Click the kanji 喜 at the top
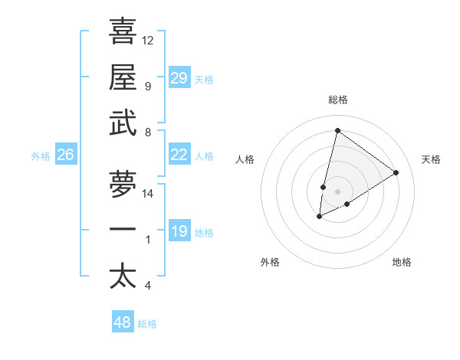[123, 32]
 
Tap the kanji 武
[123, 123]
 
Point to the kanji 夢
[123, 184]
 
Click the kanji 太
[123, 276]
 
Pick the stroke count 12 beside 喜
[148, 41]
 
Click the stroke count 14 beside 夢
[148, 194]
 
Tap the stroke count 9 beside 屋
[147, 87]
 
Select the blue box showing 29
[179, 78]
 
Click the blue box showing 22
[179, 155]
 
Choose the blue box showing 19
[179, 231]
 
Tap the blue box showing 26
[65, 155]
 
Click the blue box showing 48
[122, 322]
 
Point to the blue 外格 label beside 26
[41, 156]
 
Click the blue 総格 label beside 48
[147, 324]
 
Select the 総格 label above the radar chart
[337, 100]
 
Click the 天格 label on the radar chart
[432, 159]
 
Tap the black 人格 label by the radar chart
[245, 159]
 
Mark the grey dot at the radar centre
[337, 190]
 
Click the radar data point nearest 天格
[396, 172]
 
